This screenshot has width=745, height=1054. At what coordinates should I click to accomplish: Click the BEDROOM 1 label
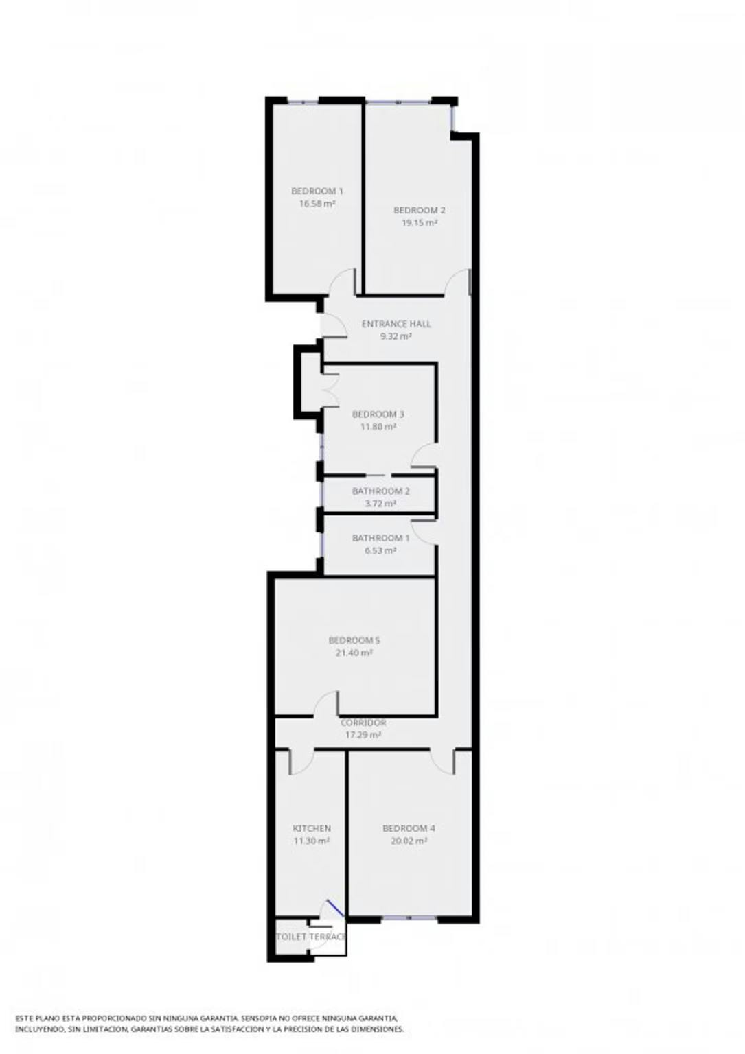[x=317, y=191]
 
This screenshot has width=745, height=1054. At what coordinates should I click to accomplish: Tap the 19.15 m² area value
[x=419, y=223]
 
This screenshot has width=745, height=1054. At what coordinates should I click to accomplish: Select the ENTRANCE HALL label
[x=396, y=324]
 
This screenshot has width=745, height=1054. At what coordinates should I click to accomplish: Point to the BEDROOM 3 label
[x=378, y=414]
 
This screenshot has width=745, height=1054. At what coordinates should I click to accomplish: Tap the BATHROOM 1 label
[x=380, y=538]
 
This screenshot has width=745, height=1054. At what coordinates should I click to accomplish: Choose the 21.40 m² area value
[x=354, y=653]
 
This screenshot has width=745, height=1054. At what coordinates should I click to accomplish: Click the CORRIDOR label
[x=363, y=723]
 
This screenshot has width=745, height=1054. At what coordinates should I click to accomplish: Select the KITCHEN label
[x=312, y=828]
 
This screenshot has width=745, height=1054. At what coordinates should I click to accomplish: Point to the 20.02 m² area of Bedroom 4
[x=409, y=841]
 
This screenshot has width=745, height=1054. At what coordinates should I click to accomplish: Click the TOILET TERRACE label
[x=311, y=937]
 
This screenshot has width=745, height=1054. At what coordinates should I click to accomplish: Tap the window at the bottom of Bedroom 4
[x=409, y=918]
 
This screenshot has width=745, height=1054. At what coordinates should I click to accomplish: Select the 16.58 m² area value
[x=317, y=204]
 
